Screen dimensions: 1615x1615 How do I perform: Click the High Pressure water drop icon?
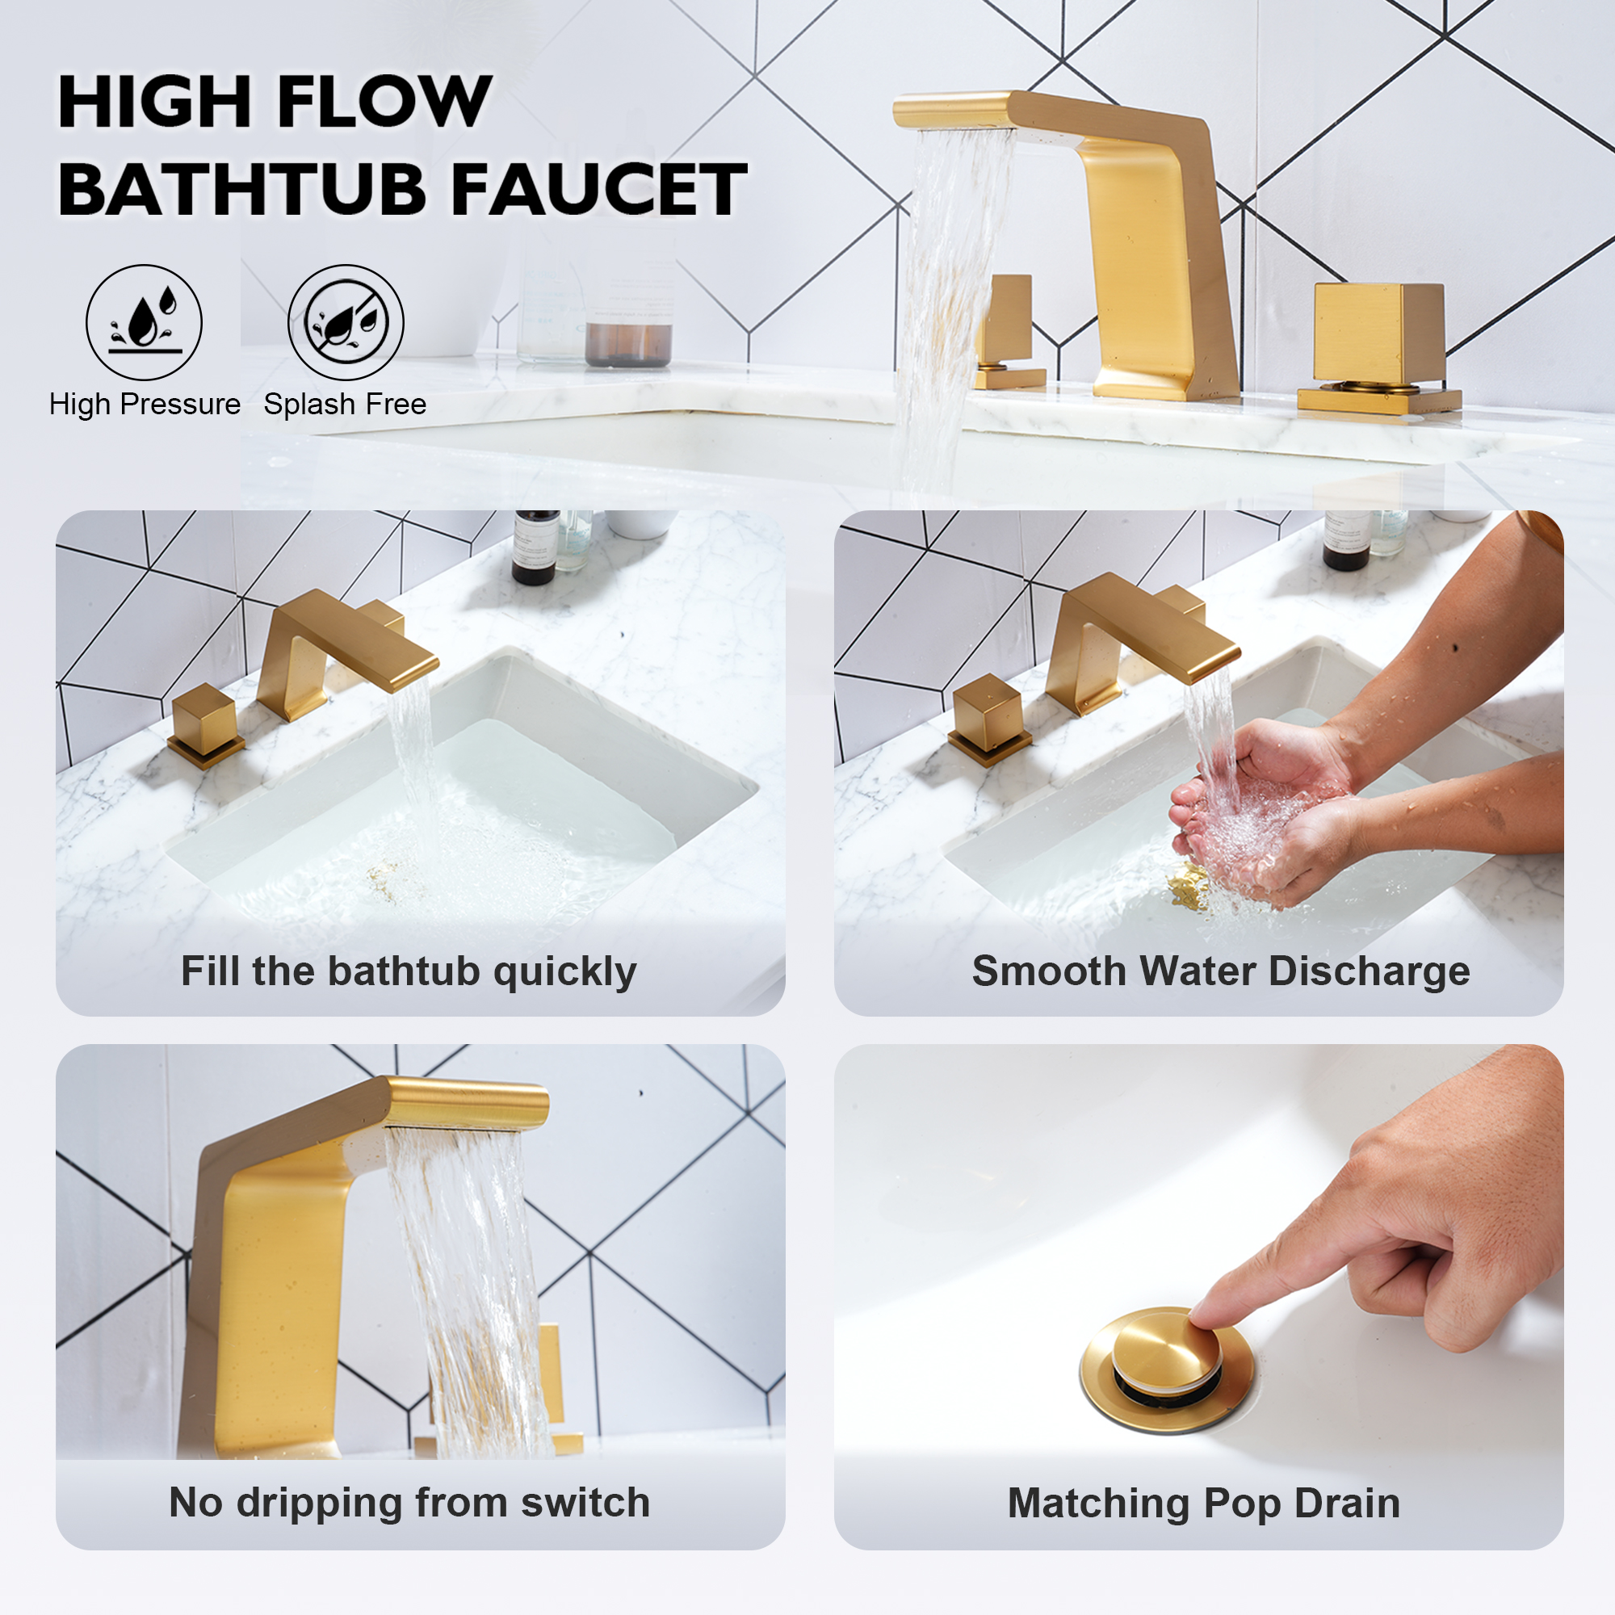pyautogui.click(x=144, y=322)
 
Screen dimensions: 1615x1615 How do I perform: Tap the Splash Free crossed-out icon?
pyautogui.click(x=346, y=322)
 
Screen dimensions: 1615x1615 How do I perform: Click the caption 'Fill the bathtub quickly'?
pyautogui.click(x=409, y=971)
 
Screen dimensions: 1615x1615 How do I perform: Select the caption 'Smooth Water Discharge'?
pyautogui.click(x=1220, y=971)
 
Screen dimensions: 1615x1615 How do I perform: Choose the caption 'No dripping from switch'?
pyautogui.click(x=409, y=1503)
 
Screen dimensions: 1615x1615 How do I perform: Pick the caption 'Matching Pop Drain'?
pyautogui.click(x=1204, y=1503)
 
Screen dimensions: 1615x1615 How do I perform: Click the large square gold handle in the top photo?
pyautogui.click(x=1378, y=332)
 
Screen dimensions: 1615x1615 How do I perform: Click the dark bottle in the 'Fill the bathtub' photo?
pyautogui.click(x=535, y=547)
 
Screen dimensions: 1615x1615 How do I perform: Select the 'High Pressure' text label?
pyautogui.click(x=145, y=405)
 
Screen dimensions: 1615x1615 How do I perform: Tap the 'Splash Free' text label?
pyautogui.click(x=346, y=405)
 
